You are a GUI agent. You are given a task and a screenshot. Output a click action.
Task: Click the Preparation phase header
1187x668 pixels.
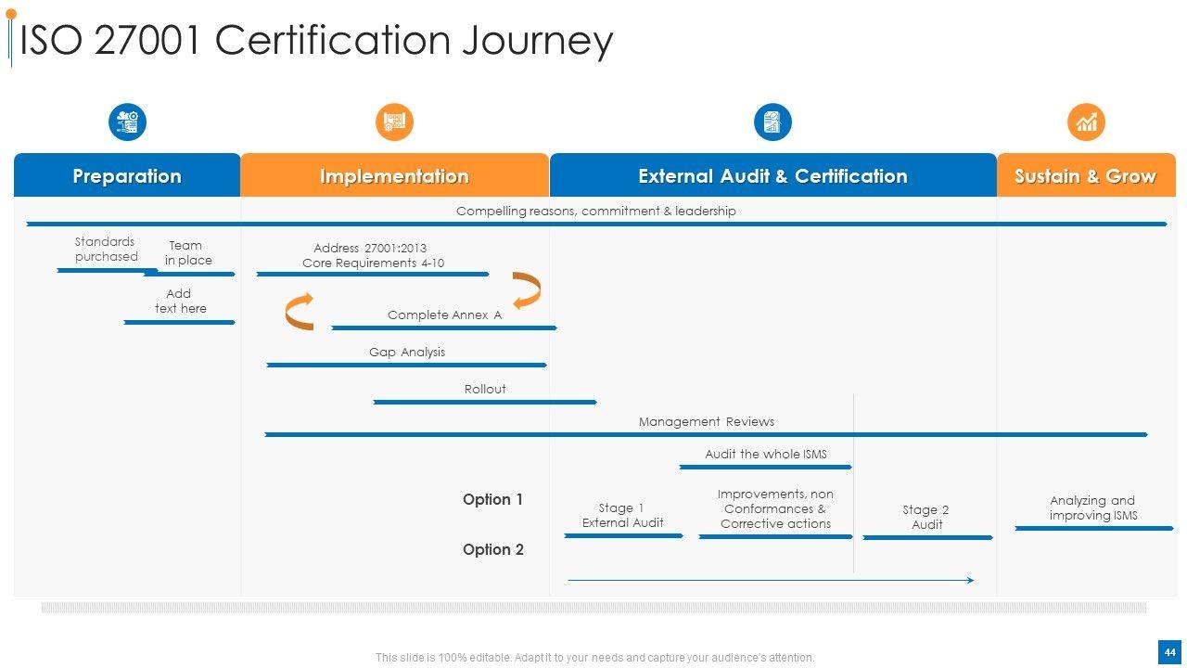(127, 176)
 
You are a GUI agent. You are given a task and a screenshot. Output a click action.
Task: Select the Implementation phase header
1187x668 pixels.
(394, 176)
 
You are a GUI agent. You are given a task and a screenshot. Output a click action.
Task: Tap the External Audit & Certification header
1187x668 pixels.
(772, 176)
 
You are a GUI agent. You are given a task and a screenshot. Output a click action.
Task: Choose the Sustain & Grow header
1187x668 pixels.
(1085, 176)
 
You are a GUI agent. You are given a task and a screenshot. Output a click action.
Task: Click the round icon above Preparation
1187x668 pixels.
(127, 122)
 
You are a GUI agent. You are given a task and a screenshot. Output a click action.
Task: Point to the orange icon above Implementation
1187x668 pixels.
(394, 122)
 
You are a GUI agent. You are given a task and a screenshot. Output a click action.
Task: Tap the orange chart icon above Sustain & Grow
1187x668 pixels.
(1086, 122)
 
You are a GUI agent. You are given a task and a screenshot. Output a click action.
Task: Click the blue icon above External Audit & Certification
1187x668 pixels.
(772, 122)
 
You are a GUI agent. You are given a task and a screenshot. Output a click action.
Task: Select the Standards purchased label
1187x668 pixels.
(106, 250)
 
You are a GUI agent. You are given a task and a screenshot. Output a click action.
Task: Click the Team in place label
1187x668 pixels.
(188, 253)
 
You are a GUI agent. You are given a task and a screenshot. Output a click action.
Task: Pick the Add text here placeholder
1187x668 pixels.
(180, 302)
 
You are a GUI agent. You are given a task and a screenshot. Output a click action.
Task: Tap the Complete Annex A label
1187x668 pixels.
(444, 315)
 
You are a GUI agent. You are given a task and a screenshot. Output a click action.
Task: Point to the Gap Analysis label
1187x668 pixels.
(407, 353)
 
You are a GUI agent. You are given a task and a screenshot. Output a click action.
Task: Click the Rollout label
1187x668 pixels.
(485, 390)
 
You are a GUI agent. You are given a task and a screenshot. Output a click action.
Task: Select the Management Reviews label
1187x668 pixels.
(706, 422)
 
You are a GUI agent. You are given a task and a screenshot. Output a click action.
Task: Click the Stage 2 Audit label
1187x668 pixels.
(926, 517)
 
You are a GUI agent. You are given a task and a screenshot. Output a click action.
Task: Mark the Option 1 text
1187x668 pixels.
(492, 500)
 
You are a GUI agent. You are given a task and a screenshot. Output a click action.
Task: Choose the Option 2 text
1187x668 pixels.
(492, 550)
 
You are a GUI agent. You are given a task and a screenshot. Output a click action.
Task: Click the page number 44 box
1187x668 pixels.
(1169, 652)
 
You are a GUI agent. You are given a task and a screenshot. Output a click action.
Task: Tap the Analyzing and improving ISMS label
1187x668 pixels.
(1092, 507)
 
